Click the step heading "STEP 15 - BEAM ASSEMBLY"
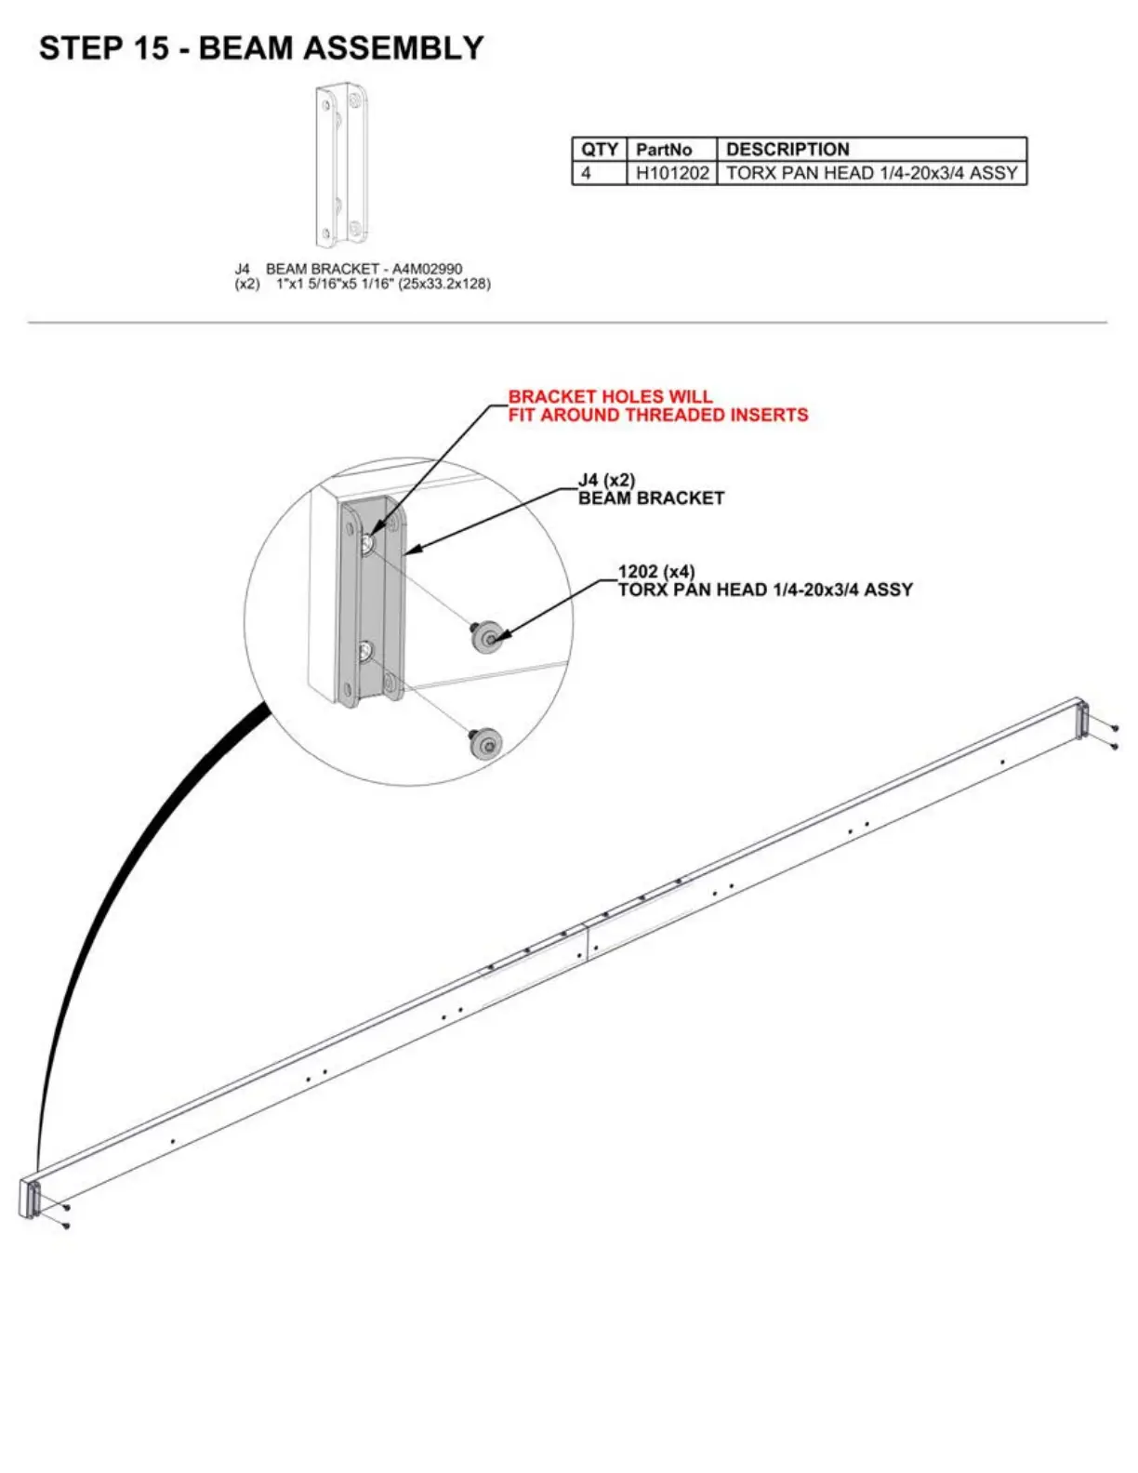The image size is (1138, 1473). click(261, 48)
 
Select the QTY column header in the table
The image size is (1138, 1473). click(599, 149)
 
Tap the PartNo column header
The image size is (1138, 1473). click(664, 149)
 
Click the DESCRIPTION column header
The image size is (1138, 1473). click(787, 149)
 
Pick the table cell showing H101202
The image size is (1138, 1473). click(672, 173)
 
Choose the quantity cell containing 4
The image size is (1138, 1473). click(587, 173)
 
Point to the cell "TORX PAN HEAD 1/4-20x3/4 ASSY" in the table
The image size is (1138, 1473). click(871, 173)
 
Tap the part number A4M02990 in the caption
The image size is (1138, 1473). click(427, 269)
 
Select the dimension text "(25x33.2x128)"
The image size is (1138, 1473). click(444, 284)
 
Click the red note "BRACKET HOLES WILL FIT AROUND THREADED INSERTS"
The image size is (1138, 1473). click(657, 405)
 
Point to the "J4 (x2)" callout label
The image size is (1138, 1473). click(606, 480)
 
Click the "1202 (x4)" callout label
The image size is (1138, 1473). click(656, 571)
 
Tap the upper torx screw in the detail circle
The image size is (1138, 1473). click(485, 638)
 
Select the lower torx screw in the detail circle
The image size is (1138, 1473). click(485, 744)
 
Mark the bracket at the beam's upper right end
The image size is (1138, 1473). click(1081, 719)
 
